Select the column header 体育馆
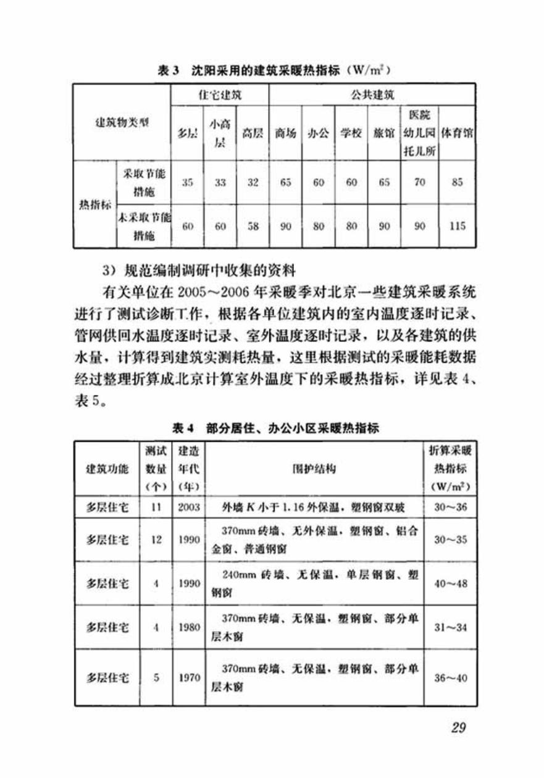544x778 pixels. [x=457, y=133]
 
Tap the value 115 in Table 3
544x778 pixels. [x=457, y=226]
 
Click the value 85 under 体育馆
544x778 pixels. [x=457, y=183]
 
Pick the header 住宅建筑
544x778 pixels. [x=220, y=96]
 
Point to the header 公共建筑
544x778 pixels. [x=372, y=96]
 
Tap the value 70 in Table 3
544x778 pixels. [x=419, y=183]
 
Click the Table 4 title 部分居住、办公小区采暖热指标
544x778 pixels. [x=275, y=428]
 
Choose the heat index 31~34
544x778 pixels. [x=450, y=628]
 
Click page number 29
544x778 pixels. [x=458, y=727]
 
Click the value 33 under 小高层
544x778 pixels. [x=220, y=183]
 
